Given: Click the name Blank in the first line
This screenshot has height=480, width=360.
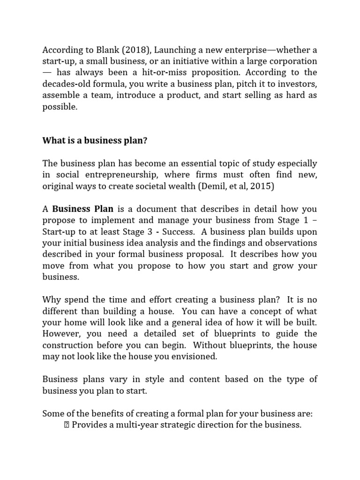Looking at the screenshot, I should coord(99,50).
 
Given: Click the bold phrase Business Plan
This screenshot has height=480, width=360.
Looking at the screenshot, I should coord(82,209).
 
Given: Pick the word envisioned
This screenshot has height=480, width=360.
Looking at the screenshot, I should coord(194,356).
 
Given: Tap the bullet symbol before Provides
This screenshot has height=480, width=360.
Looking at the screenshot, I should coord(66,425).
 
